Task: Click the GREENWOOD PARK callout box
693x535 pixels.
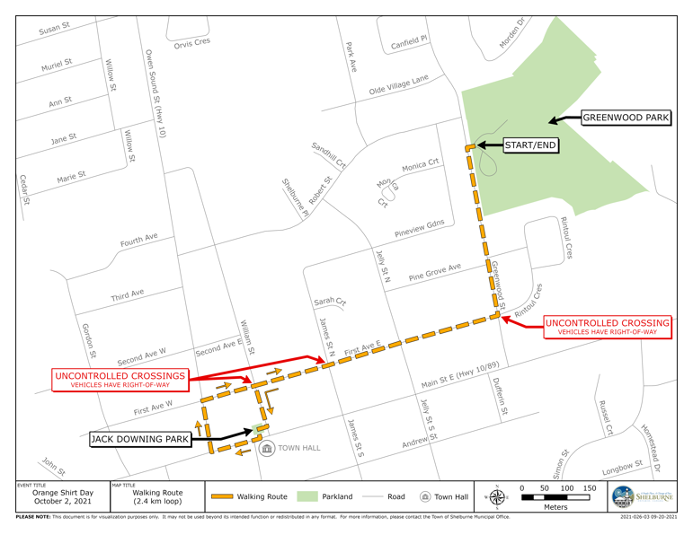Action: [626, 118]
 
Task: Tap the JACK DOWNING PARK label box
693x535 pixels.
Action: [138, 440]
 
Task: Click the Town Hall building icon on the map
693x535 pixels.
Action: [267, 448]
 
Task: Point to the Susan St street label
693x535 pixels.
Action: [54, 30]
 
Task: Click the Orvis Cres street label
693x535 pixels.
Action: [191, 44]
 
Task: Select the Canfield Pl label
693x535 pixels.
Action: [409, 42]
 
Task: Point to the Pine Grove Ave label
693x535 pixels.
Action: [434, 272]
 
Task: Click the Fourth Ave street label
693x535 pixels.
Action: [139, 241]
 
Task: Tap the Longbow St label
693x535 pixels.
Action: [623, 467]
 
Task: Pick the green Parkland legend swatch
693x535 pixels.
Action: [308, 496]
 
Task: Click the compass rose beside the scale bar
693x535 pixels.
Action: [497, 496]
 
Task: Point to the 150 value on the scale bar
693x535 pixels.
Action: [589, 488]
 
